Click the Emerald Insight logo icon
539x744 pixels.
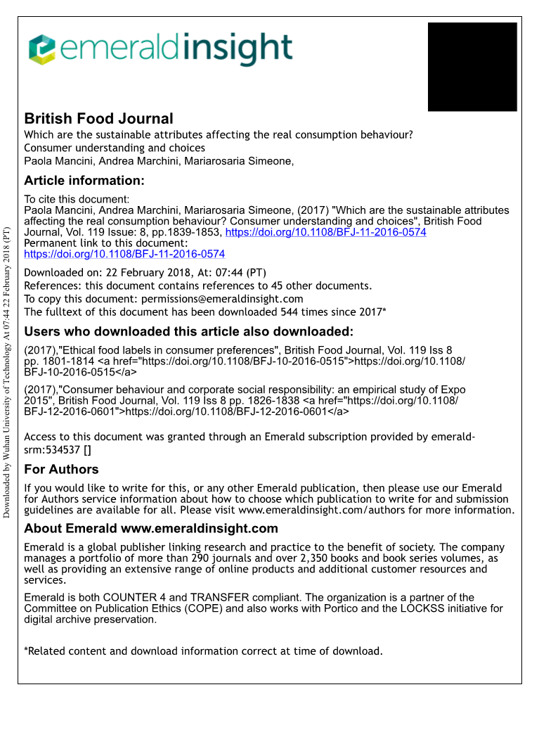point(41,49)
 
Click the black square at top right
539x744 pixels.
point(472,67)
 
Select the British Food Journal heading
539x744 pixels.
point(98,118)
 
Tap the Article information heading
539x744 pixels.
point(84,181)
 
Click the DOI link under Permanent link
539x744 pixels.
point(124,254)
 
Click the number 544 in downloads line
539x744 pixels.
point(290,312)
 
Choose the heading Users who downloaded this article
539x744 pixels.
point(188,332)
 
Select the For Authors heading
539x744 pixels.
point(61,469)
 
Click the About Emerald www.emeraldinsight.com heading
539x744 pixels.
point(150,529)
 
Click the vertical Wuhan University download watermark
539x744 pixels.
point(7,373)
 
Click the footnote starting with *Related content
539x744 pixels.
point(203,651)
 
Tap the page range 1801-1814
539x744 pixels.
point(62,361)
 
